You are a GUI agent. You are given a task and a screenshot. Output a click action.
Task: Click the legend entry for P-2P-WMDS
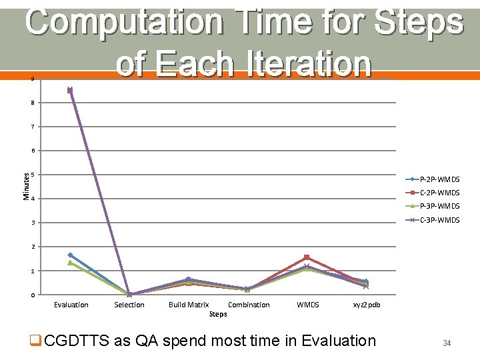pyautogui.click(x=439, y=179)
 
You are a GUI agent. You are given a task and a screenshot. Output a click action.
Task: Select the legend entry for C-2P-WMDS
pyautogui.click(x=439, y=193)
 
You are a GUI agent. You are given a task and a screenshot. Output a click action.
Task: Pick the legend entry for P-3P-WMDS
pyautogui.click(x=439, y=206)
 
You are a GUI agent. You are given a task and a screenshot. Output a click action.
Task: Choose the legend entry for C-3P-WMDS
pyautogui.click(x=439, y=220)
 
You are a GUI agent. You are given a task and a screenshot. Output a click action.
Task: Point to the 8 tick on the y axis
pyautogui.click(x=32, y=103)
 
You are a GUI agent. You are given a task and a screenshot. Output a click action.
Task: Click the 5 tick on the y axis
pyautogui.click(x=32, y=175)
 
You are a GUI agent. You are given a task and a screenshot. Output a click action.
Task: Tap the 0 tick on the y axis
pyautogui.click(x=32, y=295)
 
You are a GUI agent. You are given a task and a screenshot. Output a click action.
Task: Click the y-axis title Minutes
pyautogui.click(x=27, y=186)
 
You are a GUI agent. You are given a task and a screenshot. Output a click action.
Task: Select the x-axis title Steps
pyautogui.click(x=218, y=313)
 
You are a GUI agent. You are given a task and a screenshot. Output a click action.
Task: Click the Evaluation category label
pyautogui.click(x=71, y=305)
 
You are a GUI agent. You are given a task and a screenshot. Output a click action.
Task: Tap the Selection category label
pyautogui.click(x=129, y=305)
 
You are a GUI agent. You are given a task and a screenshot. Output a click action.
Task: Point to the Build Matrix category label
pyautogui.click(x=189, y=305)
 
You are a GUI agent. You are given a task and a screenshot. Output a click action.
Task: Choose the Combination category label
pyautogui.click(x=249, y=305)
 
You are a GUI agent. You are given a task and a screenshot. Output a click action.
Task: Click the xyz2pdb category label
pyautogui.click(x=366, y=305)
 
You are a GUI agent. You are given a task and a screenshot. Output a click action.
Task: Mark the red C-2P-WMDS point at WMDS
pyautogui.click(x=307, y=257)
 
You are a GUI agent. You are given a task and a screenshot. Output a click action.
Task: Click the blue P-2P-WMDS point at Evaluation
pyautogui.click(x=70, y=255)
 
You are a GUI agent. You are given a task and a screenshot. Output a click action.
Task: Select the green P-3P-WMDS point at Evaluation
pyautogui.click(x=70, y=263)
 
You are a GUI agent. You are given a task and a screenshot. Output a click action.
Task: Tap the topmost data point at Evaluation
pyautogui.click(x=70, y=90)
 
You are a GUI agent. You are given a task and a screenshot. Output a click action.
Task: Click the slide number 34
pyautogui.click(x=447, y=343)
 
